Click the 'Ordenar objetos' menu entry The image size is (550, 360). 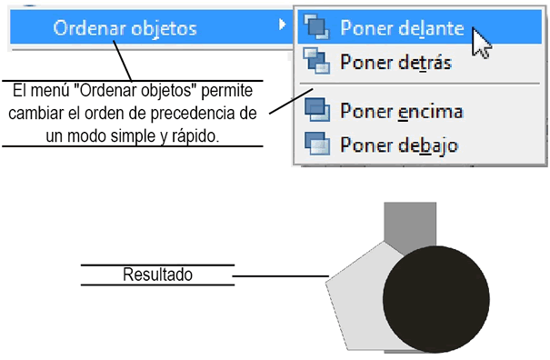click(x=125, y=28)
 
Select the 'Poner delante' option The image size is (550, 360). click(x=402, y=29)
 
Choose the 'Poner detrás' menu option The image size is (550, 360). click(x=395, y=63)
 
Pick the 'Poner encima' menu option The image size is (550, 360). click(x=401, y=111)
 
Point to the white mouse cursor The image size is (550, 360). click(x=481, y=43)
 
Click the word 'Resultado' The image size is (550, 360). click(x=157, y=274)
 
